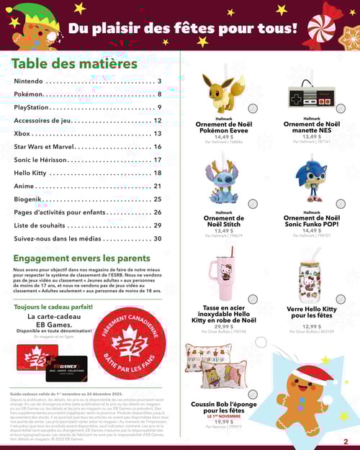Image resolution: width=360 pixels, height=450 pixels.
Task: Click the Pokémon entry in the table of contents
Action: click(x=28, y=94)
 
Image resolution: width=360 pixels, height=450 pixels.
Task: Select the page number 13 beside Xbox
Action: click(x=158, y=134)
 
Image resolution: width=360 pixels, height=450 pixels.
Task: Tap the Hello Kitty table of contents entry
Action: click(x=31, y=173)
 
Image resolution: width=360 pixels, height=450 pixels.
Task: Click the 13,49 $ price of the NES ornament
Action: click(x=312, y=137)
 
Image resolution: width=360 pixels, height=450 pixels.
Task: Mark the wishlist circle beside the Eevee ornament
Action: click(x=253, y=109)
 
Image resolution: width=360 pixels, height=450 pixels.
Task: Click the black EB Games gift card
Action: click(x=66, y=369)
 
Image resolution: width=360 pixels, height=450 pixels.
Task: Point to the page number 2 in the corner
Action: click(x=346, y=442)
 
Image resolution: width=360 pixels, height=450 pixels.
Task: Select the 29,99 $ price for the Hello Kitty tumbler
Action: click(x=224, y=326)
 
